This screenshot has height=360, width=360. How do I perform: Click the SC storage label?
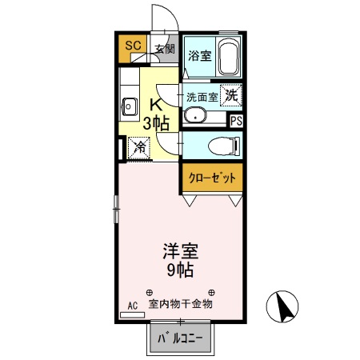point(133,46)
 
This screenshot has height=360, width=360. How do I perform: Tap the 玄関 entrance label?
point(164,49)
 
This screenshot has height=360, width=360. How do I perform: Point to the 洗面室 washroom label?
point(201,97)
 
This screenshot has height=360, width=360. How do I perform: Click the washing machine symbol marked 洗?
point(231,94)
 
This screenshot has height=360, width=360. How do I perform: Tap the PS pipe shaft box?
point(237,121)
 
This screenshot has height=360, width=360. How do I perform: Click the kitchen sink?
point(128,103)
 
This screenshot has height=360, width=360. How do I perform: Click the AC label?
point(133,305)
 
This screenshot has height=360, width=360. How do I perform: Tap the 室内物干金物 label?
point(182,304)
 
